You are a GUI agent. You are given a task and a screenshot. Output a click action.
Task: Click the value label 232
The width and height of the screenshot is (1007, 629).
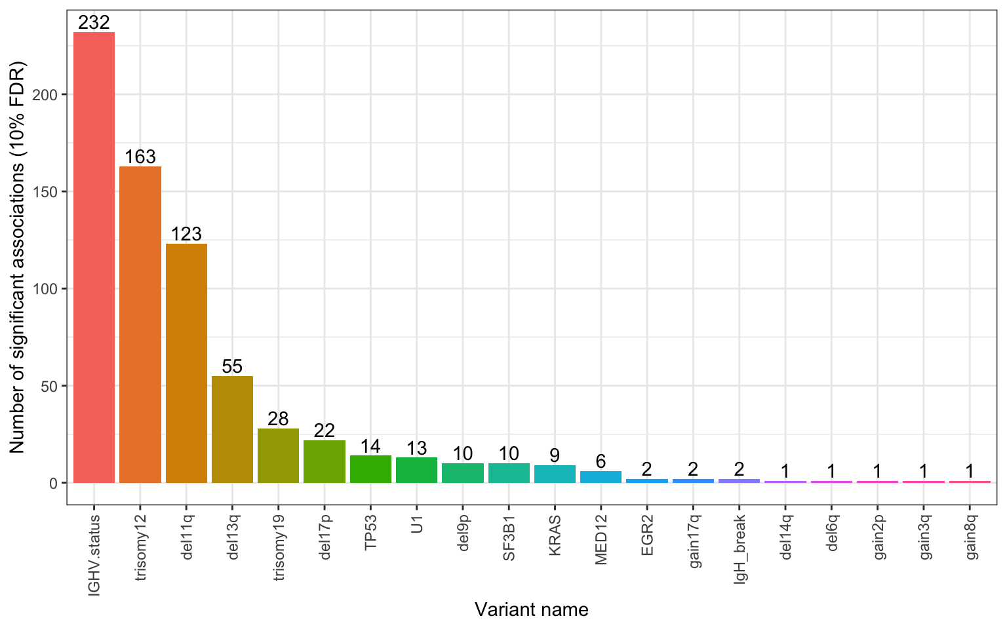click(x=94, y=22)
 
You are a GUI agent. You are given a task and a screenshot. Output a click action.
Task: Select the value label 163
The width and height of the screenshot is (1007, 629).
click(x=140, y=157)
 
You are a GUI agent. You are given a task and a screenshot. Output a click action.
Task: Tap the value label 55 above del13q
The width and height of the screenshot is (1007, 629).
click(x=232, y=366)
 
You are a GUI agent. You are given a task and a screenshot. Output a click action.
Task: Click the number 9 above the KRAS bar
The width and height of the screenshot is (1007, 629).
click(x=555, y=455)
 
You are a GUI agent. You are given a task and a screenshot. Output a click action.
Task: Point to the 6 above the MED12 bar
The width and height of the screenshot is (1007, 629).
click(x=601, y=461)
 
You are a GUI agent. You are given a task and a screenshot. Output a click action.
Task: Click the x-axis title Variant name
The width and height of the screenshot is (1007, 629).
click(x=531, y=609)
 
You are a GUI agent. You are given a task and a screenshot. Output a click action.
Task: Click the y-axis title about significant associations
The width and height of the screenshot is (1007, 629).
click(x=17, y=257)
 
